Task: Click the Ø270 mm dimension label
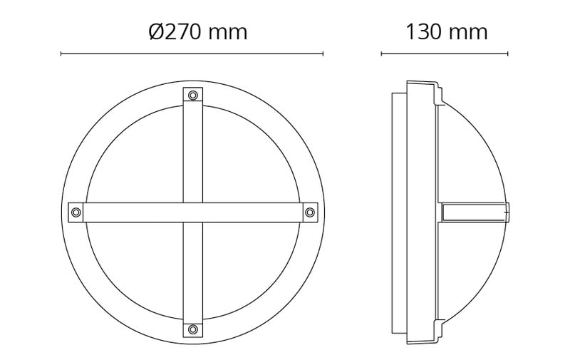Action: pos(198,32)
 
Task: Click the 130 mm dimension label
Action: pos(447,32)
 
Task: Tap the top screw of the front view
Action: pos(193,96)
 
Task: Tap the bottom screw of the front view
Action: pos(193,329)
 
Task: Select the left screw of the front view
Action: pos(76,212)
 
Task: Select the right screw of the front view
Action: pos(310,212)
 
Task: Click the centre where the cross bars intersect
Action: pos(193,212)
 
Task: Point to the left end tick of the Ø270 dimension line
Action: pos(61,53)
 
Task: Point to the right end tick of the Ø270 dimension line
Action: pos(323,53)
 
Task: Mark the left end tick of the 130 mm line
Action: pos(381,53)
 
